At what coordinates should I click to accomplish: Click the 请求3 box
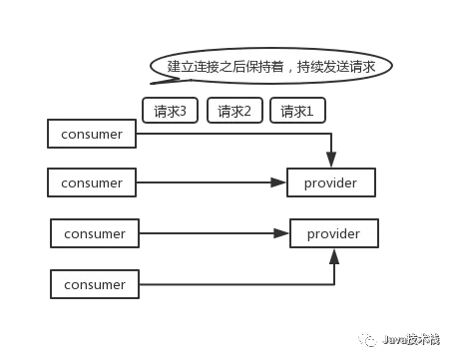170,111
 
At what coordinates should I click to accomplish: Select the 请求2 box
235,111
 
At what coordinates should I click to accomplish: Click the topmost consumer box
92,134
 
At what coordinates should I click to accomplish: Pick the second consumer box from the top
92,183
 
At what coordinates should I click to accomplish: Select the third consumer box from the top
95,234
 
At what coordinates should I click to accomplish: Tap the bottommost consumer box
95,284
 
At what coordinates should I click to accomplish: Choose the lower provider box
334,234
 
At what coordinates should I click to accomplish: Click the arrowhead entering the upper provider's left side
281,183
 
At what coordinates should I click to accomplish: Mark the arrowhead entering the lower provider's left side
282,234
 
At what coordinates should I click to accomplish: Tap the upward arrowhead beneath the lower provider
335,256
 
